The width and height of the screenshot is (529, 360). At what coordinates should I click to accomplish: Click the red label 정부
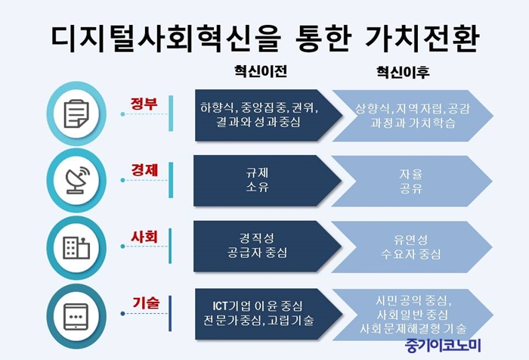tap(144, 104)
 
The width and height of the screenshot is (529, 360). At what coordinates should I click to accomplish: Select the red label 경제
tap(145, 170)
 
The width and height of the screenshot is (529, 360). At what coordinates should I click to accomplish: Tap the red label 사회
tap(144, 237)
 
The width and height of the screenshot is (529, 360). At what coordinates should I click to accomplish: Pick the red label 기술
tap(145, 303)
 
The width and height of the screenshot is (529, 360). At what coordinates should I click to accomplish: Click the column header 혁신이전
tap(261, 71)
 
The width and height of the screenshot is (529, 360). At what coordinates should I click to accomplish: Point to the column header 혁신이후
tap(403, 72)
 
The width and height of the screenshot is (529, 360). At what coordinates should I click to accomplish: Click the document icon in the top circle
tap(76, 113)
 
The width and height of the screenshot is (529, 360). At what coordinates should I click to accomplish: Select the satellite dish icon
tap(78, 180)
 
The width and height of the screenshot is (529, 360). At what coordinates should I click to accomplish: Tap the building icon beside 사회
tap(76, 247)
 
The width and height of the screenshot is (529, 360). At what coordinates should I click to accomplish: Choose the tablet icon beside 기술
tap(76, 317)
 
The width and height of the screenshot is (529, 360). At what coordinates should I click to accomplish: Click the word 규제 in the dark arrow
tap(257, 173)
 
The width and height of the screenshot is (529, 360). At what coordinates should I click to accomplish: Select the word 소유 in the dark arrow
tap(257, 187)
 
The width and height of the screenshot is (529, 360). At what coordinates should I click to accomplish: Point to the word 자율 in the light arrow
tap(410, 174)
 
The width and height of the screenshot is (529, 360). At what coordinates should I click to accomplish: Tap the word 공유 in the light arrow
tap(410, 188)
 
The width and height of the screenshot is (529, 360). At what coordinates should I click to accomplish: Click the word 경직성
tap(257, 238)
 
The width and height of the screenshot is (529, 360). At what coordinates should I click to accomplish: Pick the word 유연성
tap(410, 240)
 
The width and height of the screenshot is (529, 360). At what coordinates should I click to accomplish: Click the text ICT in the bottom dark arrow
tap(221, 306)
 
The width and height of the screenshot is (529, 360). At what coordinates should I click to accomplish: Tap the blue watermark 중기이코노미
tap(443, 345)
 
